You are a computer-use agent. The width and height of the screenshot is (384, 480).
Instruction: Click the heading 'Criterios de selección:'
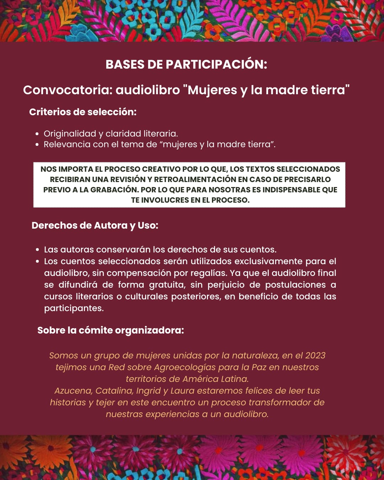[x=83, y=112]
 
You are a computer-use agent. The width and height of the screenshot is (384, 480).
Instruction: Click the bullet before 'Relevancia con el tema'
[x=37, y=145]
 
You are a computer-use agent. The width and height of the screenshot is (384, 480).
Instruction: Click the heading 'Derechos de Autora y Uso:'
[x=95, y=225]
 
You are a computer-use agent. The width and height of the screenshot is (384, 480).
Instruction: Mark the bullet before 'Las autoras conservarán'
[x=37, y=250]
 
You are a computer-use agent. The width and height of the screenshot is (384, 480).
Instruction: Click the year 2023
[x=315, y=356]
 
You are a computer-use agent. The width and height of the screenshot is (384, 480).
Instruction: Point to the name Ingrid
[x=149, y=391]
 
